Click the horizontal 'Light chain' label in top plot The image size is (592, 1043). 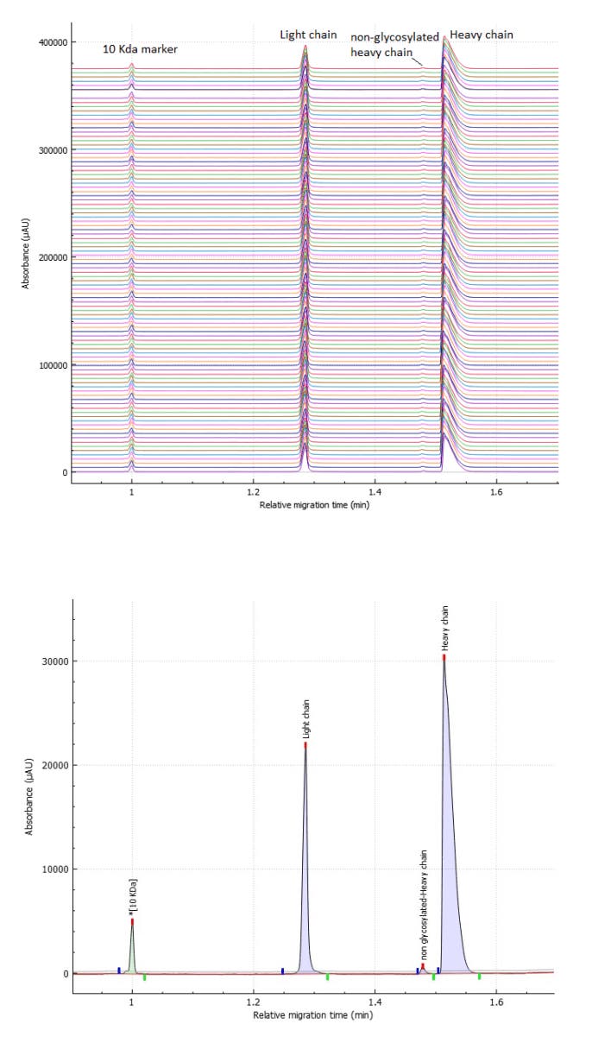tap(307, 35)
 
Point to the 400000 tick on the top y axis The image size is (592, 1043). tap(49, 42)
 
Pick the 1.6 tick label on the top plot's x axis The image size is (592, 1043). tap(496, 490)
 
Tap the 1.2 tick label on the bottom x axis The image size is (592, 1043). tap(253, 1004)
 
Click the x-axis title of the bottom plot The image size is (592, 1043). tap(314, 1016)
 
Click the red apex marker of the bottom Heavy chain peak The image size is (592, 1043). tap(444, 657)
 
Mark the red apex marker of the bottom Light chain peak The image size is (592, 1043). tap(305, 744)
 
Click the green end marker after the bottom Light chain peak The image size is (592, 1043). tap(328, 977)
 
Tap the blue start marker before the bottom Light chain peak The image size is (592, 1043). tap(282, 970)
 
